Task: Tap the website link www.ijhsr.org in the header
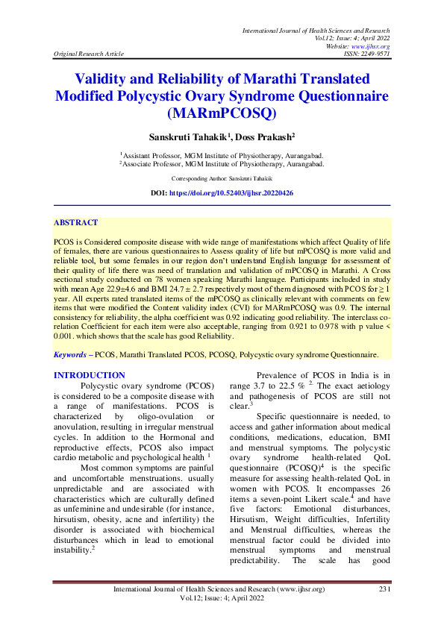pos(375,46)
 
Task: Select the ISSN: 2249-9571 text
pos(365,54)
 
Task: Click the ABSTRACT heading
pos(75,222)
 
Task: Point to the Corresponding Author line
pos(222,179)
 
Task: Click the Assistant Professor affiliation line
pos(222,154)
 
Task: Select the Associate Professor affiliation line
pos(222,163)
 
